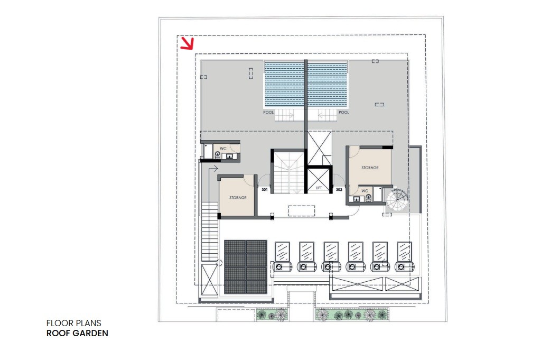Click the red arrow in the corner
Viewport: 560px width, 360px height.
tap(187, 43)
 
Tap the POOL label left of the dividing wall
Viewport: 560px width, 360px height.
tap(268, 112)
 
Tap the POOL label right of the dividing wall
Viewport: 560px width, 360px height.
tap(344, 112)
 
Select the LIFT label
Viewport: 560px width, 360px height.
tap(319, 188)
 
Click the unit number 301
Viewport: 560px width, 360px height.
tap(265, 189)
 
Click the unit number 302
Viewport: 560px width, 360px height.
tap(339, 189)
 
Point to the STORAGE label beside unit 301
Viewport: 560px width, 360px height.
tap(238, 197)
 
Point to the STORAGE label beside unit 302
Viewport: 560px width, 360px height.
tap(370, 167)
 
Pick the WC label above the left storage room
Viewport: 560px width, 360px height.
tap(223, 149)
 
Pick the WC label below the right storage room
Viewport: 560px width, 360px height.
tap(365, 191)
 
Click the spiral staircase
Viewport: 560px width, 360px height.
tap(397, 200)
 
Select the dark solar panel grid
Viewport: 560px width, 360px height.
tap(246, 267)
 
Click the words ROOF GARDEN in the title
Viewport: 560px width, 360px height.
tap(77, 333)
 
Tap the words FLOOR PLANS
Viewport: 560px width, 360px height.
tap(74, 323)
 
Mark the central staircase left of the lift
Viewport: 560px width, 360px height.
tap(289, 172)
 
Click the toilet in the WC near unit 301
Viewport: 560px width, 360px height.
tap(218, 154)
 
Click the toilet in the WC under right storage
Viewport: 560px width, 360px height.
tap(368, 198)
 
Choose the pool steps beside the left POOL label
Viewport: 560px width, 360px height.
tap(284, 115)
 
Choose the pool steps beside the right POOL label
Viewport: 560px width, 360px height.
tap(328, 115)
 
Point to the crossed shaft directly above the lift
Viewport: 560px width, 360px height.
tap(320, 148)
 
